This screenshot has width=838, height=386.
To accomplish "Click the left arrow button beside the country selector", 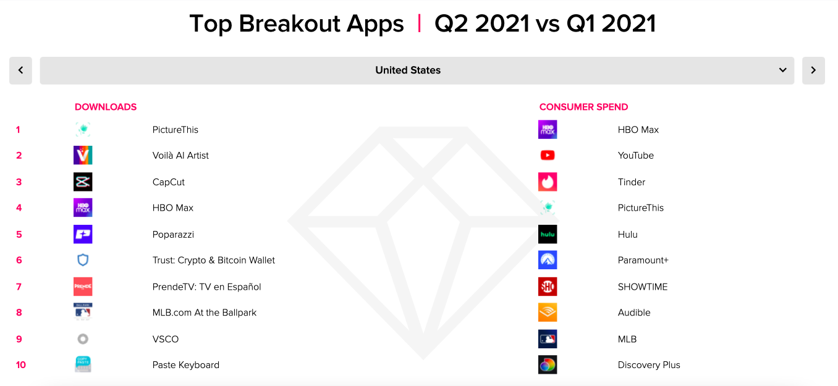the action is point(20,70).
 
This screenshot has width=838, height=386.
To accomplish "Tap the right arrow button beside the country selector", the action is point(813,70).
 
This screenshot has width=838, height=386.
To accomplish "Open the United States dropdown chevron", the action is point(782,70).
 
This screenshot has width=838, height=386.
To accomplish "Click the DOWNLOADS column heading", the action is point(106,107).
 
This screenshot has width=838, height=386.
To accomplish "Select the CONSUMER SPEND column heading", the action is point(583,107).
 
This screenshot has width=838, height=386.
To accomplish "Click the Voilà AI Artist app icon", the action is point(83,155).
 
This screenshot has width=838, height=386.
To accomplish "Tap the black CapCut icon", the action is point(83,182).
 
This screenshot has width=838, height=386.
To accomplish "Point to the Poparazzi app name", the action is point(173,235).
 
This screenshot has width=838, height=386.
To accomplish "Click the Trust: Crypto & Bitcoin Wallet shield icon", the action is point(83,260).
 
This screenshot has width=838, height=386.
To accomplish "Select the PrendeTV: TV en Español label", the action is point(206,287).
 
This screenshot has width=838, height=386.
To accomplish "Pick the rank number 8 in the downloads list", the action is point(19,313).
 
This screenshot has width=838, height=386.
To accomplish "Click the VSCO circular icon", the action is point(83,339).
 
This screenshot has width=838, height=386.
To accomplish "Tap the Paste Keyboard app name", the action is point(185,365).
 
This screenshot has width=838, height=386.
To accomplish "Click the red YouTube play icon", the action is point(548,155).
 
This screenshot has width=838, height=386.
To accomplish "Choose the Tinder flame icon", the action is point(548,182).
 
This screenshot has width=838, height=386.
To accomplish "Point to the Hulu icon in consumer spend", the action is point(548,234).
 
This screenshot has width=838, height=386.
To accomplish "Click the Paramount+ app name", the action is point(643,261).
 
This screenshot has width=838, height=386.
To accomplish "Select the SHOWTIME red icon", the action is point(548,287).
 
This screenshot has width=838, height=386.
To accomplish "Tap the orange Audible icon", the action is point(548,313).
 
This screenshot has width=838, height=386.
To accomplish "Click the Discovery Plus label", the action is point(649,365).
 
